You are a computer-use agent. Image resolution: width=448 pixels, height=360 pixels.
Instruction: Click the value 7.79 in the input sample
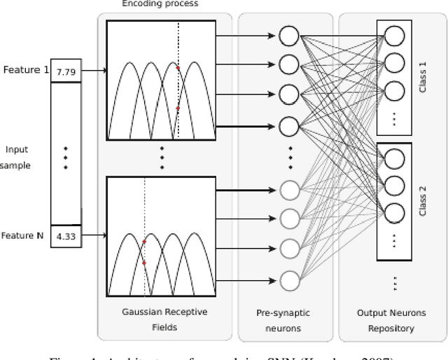(66, 71)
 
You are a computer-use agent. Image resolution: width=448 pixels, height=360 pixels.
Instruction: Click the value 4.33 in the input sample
(66, 237)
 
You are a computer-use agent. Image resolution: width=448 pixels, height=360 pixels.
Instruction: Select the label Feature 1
(25, 70)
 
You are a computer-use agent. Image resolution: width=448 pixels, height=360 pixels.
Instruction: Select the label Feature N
(24, 236)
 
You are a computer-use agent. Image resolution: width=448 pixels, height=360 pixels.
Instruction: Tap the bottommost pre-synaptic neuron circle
(288, 280)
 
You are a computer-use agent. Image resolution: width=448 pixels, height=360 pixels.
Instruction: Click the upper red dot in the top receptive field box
(178, 68)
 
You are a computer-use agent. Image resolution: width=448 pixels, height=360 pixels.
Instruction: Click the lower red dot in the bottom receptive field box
(144, 263)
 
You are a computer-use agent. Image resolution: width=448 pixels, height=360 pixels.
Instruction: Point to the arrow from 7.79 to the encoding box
(94, 71)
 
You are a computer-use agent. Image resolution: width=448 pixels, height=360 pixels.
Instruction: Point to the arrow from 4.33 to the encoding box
(94, 237)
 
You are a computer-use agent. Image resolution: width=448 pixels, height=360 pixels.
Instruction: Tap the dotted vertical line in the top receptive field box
(178, 42)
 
